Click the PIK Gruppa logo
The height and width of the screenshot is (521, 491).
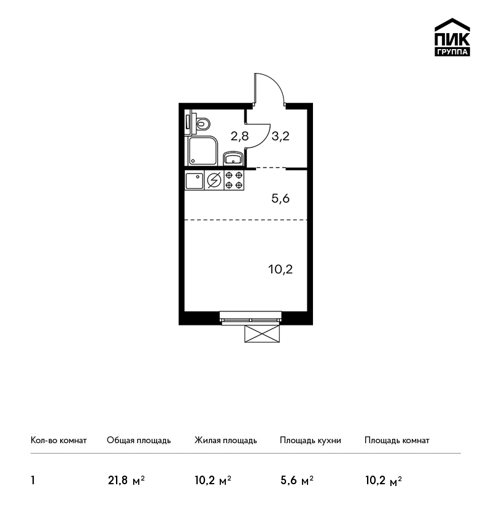[x=452, y=37]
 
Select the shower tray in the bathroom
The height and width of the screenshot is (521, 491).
[x=203, y=151]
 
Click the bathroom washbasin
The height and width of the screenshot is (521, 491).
[x=233, y=158]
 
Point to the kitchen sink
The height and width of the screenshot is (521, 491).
[x=195, y=181]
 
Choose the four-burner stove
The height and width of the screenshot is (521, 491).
[x=234, y=180]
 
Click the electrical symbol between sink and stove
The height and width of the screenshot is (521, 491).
[x=214, y=180]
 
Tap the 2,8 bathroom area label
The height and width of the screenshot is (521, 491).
[x=239, y=136]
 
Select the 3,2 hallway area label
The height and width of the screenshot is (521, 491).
[x=280, y=136]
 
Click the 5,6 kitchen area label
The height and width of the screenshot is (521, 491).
[x=280, y=199]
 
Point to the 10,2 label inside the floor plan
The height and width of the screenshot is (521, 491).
[x=280, y=269]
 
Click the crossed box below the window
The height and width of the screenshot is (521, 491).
[x=262, y=333]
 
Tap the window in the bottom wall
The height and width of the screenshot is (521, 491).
[x=250, y=318]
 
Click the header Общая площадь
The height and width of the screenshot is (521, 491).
[x=139, y=441]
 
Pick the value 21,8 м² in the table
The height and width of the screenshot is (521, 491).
[x=126, y=481]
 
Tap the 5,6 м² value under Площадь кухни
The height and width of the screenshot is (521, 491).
[x=296, y=481]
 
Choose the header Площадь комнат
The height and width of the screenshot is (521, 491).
[x=397, y=441]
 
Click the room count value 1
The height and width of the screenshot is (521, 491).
[x=33, y=481]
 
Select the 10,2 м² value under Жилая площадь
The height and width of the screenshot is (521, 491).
[x=213, y=481]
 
